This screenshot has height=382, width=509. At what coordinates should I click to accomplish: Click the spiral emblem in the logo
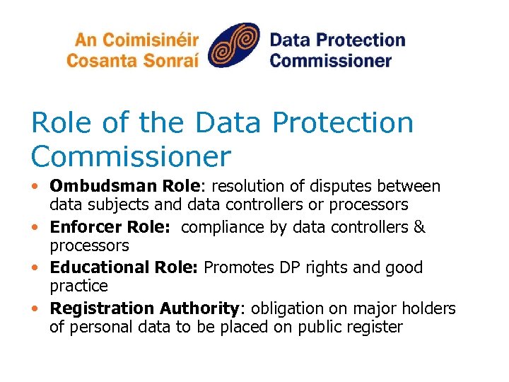pyautogui.click(x=234, y=47)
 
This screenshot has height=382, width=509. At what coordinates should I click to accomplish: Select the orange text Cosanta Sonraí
pyautogui.click(x=132, y=59)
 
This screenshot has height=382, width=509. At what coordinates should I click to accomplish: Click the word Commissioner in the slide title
pyautogui.click(x=131, y=156)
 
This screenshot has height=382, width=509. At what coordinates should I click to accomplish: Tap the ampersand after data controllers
pyautogui.click(x=419, y=228)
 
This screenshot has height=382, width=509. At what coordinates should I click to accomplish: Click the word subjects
pyautogui.click(x=115, y=205)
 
